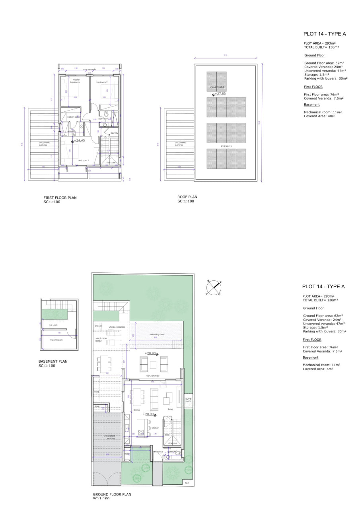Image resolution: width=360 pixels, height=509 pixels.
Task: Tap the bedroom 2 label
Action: click(x=102, y=82)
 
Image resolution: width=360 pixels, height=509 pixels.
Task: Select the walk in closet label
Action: click(x=74, y=117)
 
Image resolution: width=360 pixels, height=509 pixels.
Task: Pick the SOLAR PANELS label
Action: click(x=216, y=87)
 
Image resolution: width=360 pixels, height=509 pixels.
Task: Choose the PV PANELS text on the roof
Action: click(x=226, y=146)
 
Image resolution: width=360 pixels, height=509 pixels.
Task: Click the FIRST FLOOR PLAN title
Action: click(x=60, y=197)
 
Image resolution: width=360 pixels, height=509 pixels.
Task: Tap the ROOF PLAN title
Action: click(x=187, y=197)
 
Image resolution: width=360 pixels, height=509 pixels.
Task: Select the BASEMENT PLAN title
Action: click(x=53, y=361)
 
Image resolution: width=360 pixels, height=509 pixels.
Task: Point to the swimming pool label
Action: click(x=157, y=334)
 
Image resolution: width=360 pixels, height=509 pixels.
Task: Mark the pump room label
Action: click(x=188, y=400)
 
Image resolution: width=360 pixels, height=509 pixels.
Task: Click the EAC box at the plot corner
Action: click(x=187, y=483)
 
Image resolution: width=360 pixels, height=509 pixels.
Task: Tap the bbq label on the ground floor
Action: click(x=96, y=392)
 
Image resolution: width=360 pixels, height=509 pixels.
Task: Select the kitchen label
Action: click(x=156, y=428)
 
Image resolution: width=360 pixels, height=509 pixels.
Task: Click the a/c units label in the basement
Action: click(x=53, y=325)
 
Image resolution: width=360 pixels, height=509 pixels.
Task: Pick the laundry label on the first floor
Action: click(x=115, y=133)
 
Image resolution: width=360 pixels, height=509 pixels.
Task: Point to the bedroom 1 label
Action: click(x=83, y=160)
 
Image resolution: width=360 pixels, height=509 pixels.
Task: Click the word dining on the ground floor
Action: click(x=136, y=410)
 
